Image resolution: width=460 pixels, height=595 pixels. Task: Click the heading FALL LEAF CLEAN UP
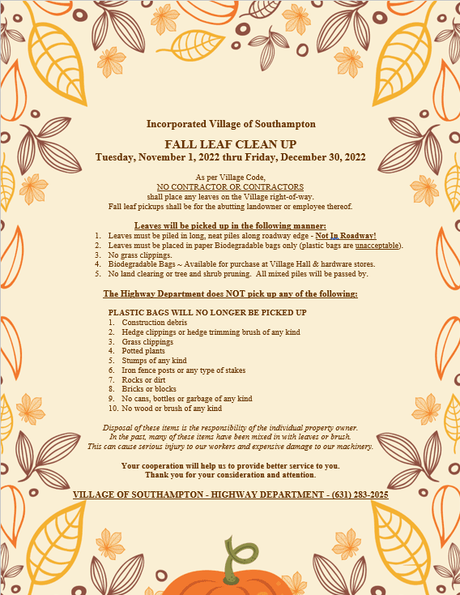(x=231, y=143)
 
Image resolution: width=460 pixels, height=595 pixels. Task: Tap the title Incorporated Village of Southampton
(x=231, y=124)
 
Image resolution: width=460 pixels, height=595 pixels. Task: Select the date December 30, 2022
(x=322, y=156)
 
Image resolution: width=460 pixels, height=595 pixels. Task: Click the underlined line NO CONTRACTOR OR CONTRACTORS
(x=231, y=186)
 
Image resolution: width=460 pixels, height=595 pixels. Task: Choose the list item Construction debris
(x=154, y=323)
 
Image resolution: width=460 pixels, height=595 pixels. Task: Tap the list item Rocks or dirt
(x=144, y=379)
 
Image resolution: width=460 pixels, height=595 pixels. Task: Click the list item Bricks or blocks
(x=149, y=389)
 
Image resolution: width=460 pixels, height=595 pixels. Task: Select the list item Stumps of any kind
(x=154, y=361)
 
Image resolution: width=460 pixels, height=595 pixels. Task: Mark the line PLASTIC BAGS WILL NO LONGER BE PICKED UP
(x=207, y=312)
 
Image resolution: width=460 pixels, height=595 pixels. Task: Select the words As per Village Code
(x=231, y=177)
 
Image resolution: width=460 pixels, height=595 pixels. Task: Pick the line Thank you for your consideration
(x=231, y=475)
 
